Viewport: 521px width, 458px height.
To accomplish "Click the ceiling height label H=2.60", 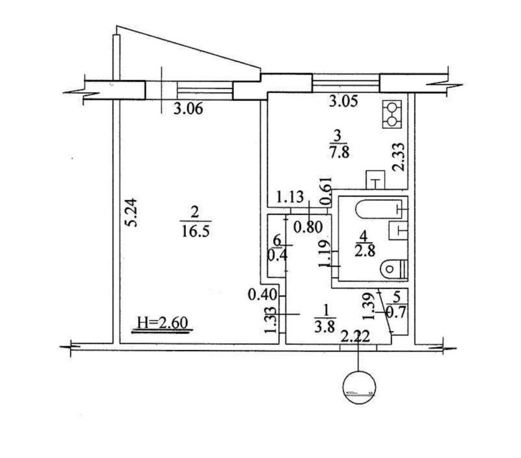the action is [x=163, y=323].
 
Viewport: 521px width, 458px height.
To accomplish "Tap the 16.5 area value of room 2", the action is [x=195, y=231].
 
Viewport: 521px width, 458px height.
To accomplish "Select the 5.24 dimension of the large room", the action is [x=132, y=213].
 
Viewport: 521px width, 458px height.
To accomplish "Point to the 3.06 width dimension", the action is [x=188, y=109].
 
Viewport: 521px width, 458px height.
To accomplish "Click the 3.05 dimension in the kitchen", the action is [x=343, y=101].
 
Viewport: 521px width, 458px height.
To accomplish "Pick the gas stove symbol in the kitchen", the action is [x=392, y=114].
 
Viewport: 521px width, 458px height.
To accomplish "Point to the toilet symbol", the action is [x=393, y=268].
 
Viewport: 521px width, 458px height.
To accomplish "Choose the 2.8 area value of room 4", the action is [x=365, y=250].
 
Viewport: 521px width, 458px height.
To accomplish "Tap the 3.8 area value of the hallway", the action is [x=325, y=327].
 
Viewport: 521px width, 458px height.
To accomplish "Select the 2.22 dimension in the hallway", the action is [x=355, y=337].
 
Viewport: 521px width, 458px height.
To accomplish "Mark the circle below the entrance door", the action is [x=359, y=388].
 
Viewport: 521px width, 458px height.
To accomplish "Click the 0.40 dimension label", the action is [x=263, y=294].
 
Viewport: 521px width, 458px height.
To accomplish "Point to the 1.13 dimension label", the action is [x=290, y=197].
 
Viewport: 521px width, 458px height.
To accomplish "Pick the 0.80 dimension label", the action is [x=308, y=228].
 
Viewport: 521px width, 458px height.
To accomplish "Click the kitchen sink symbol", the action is [x=376, y=180].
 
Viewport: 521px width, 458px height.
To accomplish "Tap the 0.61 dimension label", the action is [x=326, y=191].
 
